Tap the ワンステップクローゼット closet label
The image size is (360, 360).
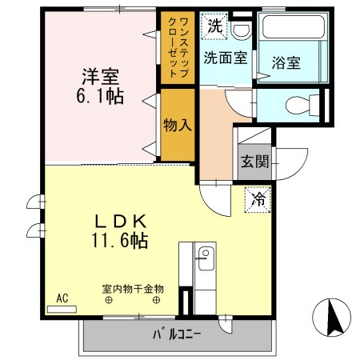point(178,46)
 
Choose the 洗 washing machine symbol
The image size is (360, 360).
point(214,26)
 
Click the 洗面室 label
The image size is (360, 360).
point(225,58)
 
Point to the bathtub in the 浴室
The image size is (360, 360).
point(293,31)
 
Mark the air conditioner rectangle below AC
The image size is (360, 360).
point(62,308)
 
